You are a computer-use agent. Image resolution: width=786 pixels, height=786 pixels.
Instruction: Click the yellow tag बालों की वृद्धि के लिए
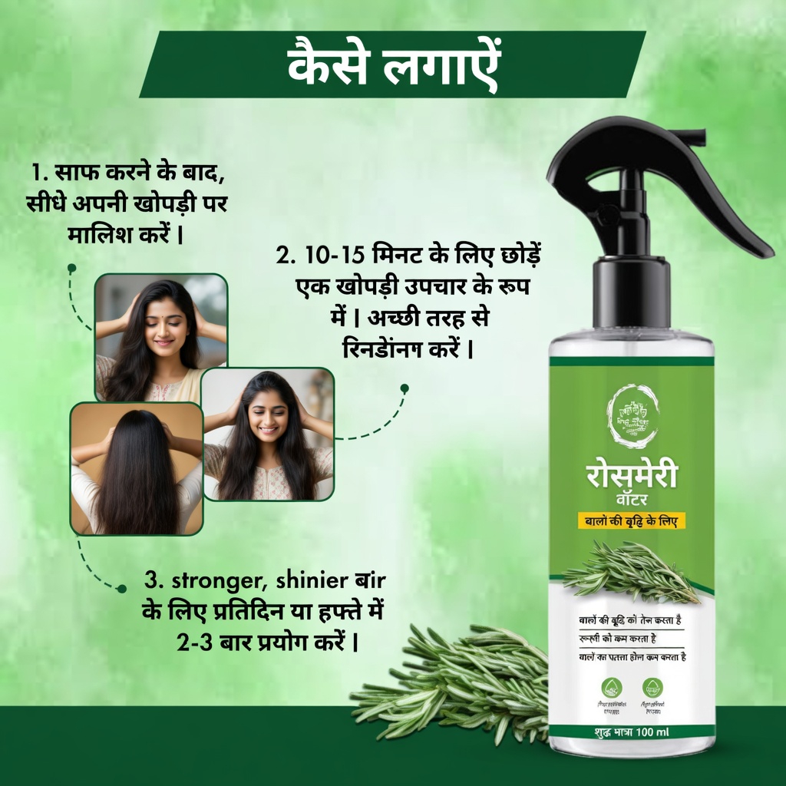click(632, 521)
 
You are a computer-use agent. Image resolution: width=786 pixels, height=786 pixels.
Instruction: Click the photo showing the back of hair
click(137, 468)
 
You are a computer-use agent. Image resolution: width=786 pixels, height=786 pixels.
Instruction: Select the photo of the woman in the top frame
click(161, 338)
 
